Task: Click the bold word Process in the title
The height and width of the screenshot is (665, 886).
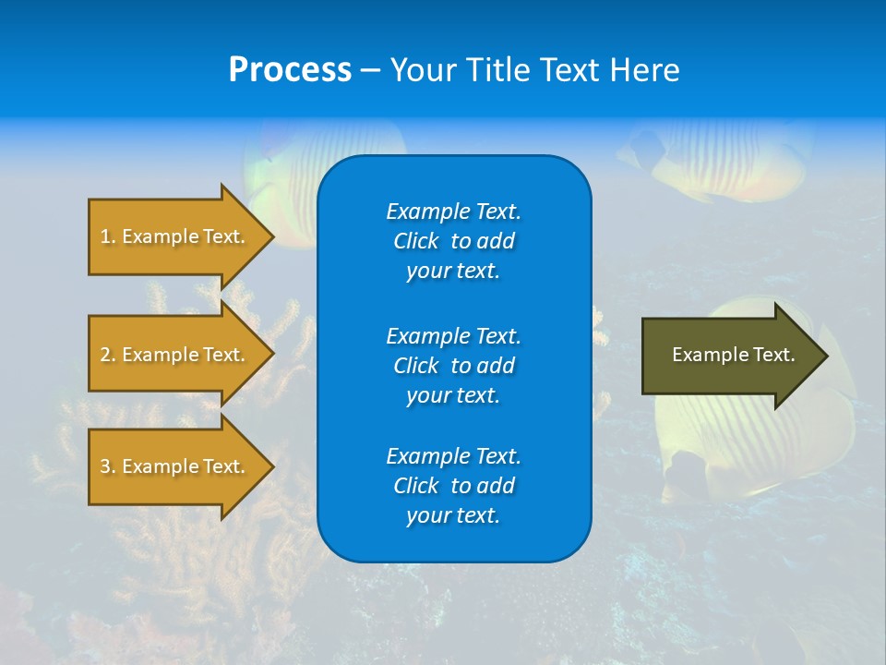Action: [x=290, y=70]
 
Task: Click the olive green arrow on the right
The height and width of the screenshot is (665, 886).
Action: [x=729, y=356]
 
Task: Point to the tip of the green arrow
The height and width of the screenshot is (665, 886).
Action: [x=825, y=356]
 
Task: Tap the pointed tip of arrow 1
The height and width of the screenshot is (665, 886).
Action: [x=271, y=236]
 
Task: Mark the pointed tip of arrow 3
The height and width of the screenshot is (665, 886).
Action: [x=271, y=466]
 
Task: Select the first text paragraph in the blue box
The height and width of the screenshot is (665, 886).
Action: [x=453, y=241]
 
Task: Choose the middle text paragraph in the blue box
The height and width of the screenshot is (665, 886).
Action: [x=453, y=366]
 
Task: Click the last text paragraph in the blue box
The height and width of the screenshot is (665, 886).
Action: [x=453, y=486]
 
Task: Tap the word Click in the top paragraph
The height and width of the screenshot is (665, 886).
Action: [x=415, y=241]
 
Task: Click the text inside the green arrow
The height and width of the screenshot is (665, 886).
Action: [x=733, y=355]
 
